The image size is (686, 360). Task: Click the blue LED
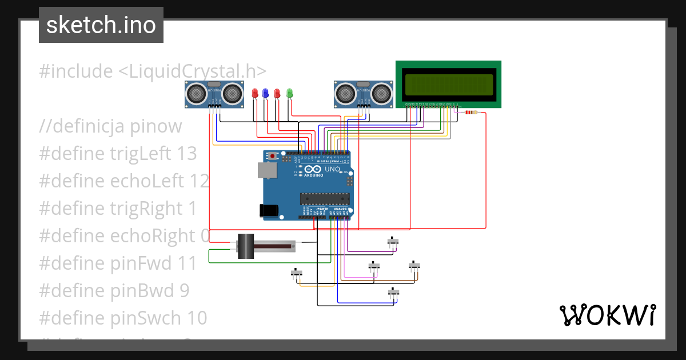[x=265, y=93]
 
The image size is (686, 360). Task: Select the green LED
[x=289, y=93]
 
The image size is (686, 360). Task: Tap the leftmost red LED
[x=255, y=93]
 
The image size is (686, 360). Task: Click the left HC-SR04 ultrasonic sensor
[x=214, y=93]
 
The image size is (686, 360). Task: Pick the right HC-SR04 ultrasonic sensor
[x=363, y=93]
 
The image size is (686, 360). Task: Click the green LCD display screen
[x=449, y=84]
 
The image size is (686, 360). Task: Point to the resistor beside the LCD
[x=470, y=113]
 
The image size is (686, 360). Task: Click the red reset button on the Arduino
[x=273, y=155]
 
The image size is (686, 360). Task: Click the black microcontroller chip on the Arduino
[x=324, y=198]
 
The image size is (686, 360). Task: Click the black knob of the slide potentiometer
[x=246, y=246]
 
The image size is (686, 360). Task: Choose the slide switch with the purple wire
[x=393, y=242]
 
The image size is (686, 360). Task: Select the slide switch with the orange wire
[x=296, y=273]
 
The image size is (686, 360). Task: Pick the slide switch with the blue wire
[x=393, y=292]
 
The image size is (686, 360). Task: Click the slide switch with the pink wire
[x=374, y=266]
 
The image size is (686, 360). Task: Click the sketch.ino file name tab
[x=101, y=25]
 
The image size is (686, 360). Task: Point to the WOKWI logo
[x=607, y=315]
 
